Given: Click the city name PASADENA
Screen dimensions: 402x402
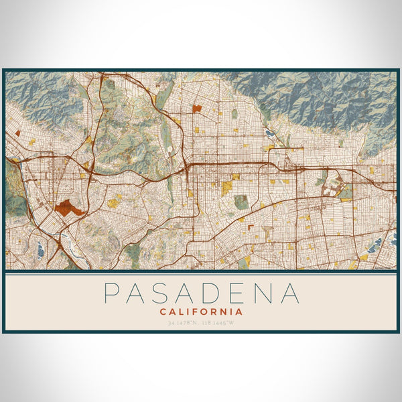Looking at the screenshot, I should (201, 293).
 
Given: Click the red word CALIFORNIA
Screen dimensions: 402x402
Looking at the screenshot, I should (201, 312).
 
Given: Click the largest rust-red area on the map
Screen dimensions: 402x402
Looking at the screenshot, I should (71, 207).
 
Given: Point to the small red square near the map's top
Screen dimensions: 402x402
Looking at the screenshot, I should (196, 107).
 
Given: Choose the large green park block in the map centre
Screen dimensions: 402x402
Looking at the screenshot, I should (241, 201).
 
